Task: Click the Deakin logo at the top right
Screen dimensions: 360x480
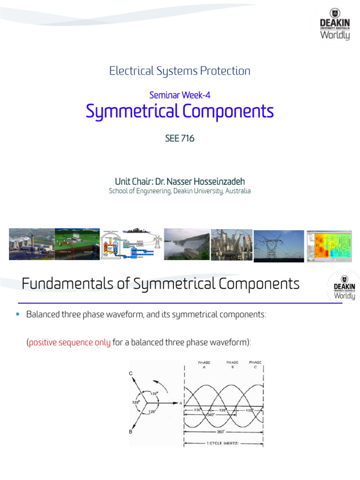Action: point(334,24)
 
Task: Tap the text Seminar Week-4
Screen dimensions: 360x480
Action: point(180,95)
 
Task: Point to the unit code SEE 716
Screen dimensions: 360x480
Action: point(180,139)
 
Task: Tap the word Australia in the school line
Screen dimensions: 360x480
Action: point(237,191)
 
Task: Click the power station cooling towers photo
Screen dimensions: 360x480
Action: point(31,244)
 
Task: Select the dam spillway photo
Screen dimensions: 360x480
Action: point(186,244)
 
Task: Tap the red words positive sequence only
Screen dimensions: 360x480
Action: point(70,343)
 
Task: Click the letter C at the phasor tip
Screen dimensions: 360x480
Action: point(131,373)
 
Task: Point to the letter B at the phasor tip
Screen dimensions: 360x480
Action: point(131,432)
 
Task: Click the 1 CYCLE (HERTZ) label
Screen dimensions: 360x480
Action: point(224,442)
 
